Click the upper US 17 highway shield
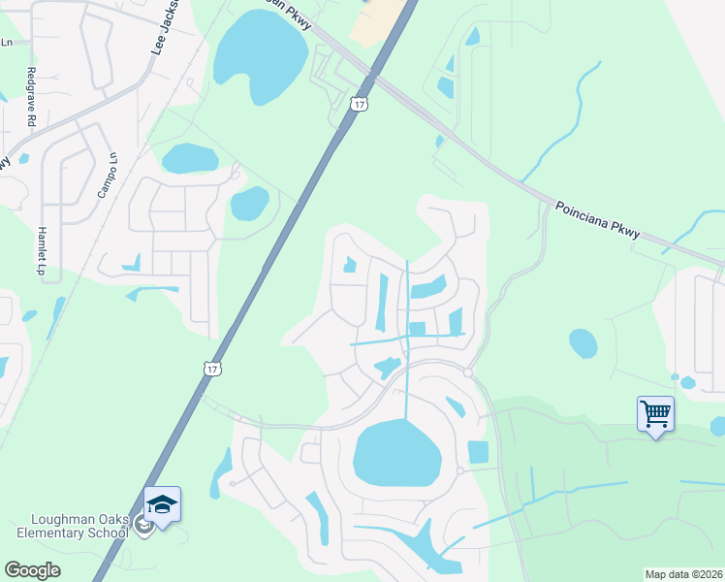point(361,104)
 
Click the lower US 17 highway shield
point(213,368)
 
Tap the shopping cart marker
point(655,415)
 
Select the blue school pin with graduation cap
point(163,505)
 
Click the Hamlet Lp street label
point(41,249)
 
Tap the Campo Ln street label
point(108,176)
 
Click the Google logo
point(31,570)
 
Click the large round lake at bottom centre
point(397,453)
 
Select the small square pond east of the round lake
point(478,452)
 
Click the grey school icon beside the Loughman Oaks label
point(142,526)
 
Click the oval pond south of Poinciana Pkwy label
point(583,342)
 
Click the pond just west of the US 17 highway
point(250,204)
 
